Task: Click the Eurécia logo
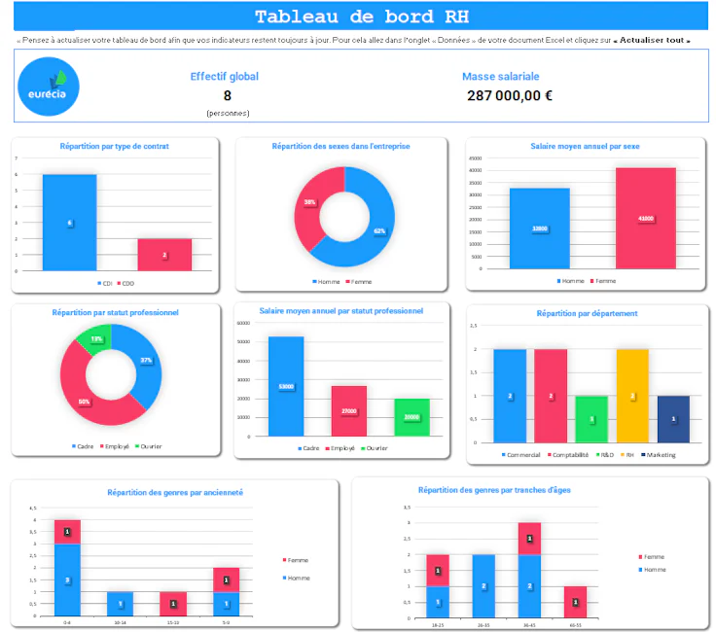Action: [49, 88]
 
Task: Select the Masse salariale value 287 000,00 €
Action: [510, 95]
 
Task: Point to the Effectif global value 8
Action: [227, 95]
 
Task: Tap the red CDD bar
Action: [164, 254]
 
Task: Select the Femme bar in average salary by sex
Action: [645, 218]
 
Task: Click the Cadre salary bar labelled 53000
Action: [286, 386]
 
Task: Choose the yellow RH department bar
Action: [632, 395]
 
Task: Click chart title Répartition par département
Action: [587, 314]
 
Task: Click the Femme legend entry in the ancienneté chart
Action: [296, 561]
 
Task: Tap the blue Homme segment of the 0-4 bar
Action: [67, 579]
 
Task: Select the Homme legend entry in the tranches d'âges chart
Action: [653, 569]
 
